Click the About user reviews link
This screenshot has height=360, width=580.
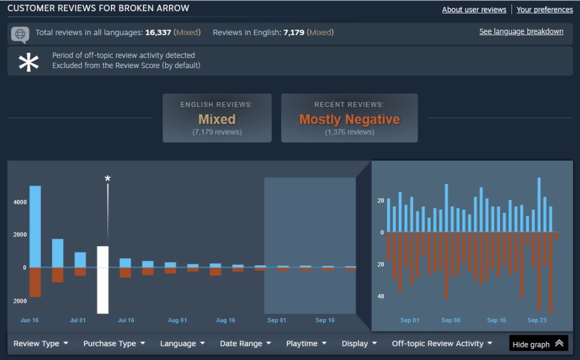(x=474, y=10)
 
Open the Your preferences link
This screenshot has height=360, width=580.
(x=545, y=10)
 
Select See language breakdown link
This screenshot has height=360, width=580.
(x=521, y=31)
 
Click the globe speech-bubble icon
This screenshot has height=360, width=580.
(x=20, y=34)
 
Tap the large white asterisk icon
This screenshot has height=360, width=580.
(x=29, y=61)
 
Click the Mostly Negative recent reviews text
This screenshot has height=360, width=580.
(x=349, y=119)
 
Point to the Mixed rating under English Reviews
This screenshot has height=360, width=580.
(x=217, y=119)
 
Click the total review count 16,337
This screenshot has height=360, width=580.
(x=158, y=32)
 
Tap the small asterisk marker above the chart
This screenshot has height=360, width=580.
(x=108, y=179)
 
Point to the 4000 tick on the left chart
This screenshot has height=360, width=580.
(x=20, y=202)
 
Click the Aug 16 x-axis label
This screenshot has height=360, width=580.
(x=225, y=320)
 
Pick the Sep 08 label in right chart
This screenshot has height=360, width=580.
(x=450, y=320)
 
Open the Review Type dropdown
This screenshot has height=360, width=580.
(x=41, y=344)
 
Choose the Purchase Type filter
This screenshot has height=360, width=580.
(x=114, y=344)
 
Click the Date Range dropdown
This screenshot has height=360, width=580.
(x=245, y=344)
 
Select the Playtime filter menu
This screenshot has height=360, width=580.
(x=306, y=344)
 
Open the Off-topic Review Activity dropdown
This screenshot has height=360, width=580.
(x=442, y=344)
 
